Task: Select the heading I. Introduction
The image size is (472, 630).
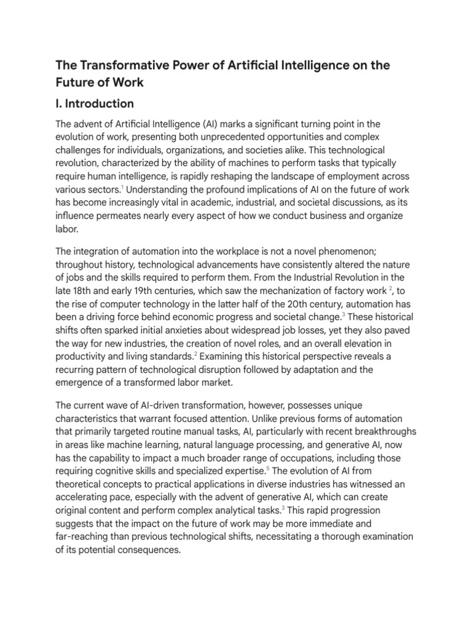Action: click(x=95, y=103)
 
